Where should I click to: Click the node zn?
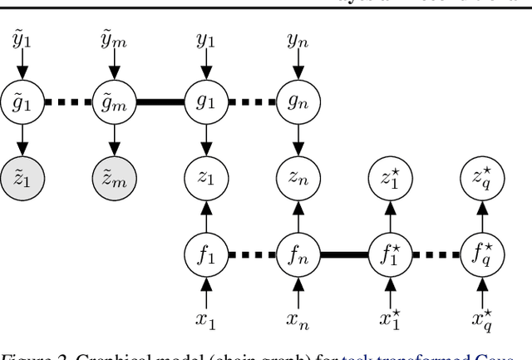(x=298, y=176)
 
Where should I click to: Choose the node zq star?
(x=483, y=176)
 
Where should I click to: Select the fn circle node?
(x=298, y=251)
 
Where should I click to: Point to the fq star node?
(x=483, y=251)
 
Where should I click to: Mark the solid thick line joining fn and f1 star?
(x=343, y=251)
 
